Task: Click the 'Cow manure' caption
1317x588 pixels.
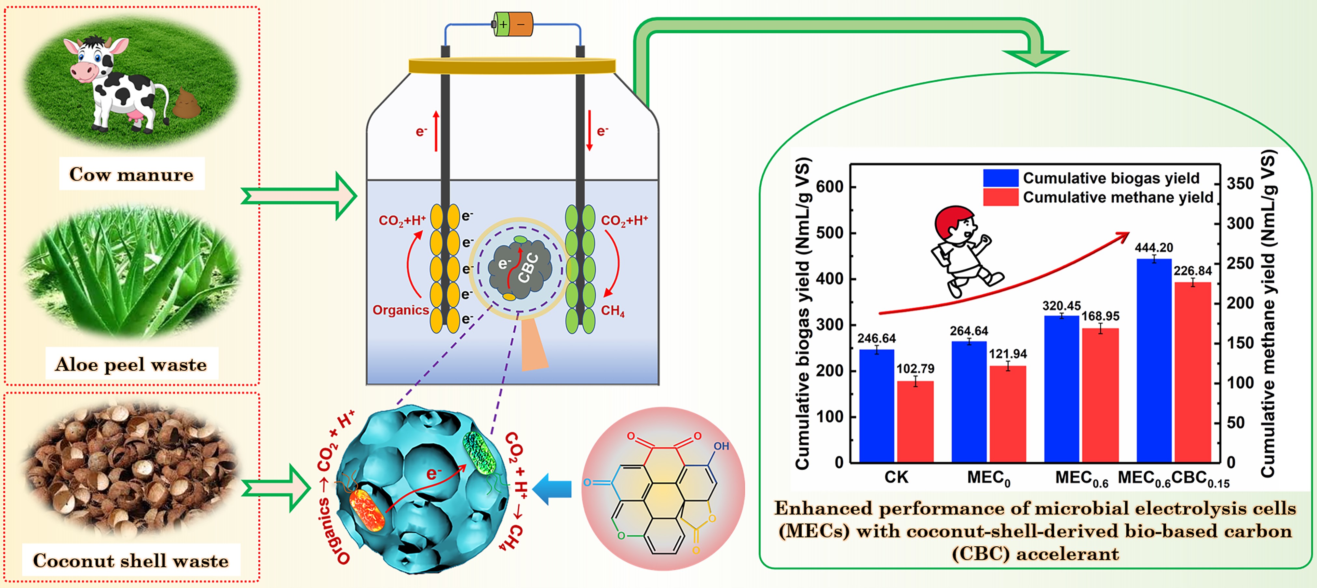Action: [131, 174]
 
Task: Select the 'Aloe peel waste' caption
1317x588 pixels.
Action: [131, 364]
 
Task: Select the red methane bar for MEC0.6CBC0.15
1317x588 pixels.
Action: [1193, 372]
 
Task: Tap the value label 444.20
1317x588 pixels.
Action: [1154, 248]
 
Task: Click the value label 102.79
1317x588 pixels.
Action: [915, 369]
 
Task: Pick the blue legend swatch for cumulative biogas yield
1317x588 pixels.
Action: [1000, 178]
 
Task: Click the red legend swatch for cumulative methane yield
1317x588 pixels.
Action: [1000, 197]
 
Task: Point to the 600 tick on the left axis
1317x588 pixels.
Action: [829, 187]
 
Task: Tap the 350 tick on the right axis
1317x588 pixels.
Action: [1240, 183]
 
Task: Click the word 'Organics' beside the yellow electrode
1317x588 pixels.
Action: [400, 310]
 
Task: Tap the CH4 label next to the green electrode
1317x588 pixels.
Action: [613, 311]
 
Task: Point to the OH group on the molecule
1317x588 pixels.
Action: [721, 446]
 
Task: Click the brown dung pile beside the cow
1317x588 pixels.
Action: [187, 102]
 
